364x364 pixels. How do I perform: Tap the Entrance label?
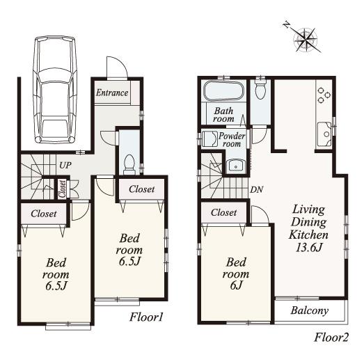click(x=111, y=93)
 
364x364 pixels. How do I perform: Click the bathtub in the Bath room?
click(x=223, y=92)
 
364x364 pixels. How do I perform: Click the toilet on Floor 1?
click(x=128, y=162)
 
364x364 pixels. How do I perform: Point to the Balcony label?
click(x=310, y=310)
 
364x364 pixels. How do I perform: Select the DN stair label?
click(x=255, y=189)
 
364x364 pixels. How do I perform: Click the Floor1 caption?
click(x=146, y=317)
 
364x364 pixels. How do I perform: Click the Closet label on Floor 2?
click(x=223, y=212)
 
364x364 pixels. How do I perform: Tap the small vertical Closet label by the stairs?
click(x=63, y=189)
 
